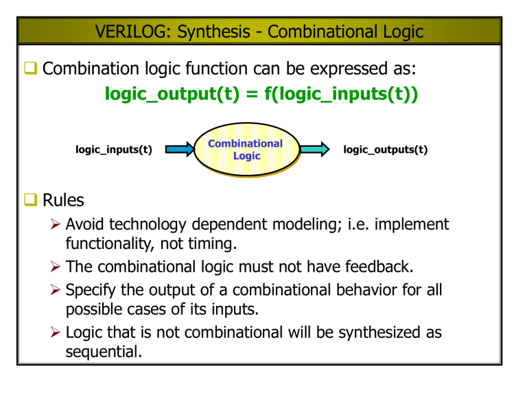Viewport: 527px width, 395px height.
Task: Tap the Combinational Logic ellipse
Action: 246,149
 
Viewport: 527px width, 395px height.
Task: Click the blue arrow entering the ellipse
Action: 179,149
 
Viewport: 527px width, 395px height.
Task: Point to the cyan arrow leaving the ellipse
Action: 315,149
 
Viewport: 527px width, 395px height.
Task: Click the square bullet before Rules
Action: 32,201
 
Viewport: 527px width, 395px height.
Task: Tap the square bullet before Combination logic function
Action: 32,69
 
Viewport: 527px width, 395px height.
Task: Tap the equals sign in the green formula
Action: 253,93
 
